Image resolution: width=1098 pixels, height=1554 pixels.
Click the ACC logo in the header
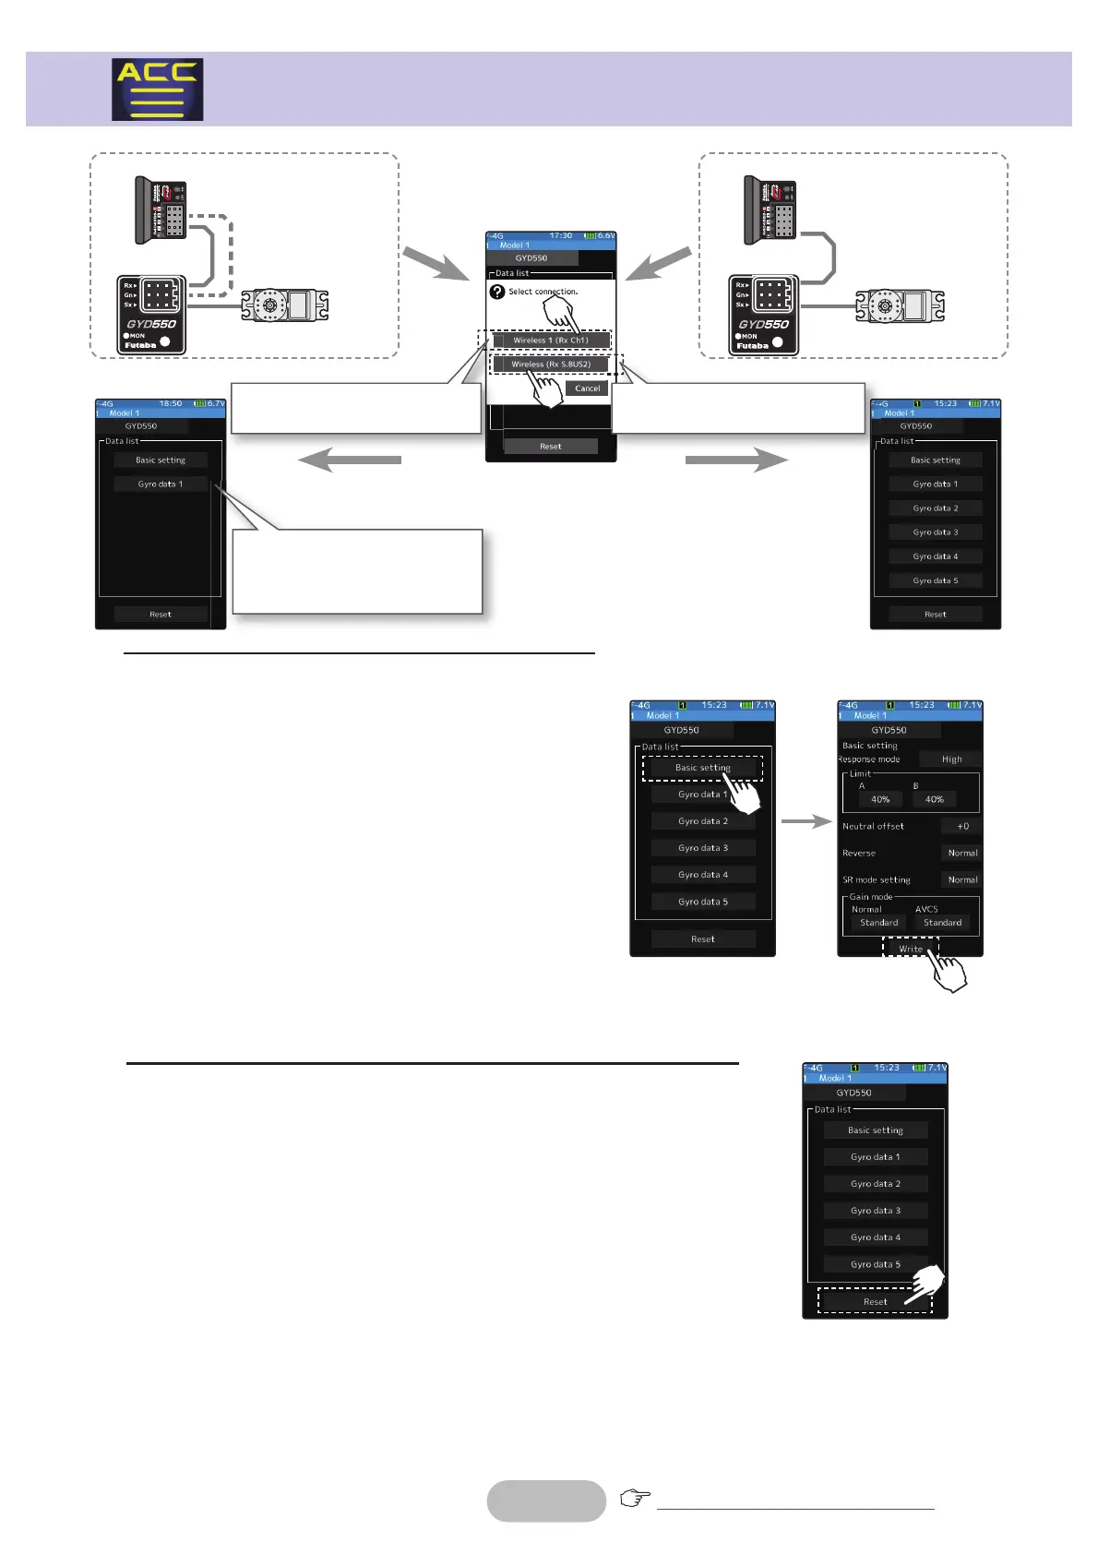click(157, 90)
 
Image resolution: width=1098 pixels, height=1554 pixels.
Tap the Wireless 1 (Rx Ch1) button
click(550, 341)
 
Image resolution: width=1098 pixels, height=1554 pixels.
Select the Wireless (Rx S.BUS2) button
click(551, 365)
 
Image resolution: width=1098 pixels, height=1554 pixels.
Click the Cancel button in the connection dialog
click(587, 388)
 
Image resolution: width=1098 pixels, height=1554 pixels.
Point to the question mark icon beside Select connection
click(497, 292)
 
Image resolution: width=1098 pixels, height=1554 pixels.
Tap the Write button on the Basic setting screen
click(910, 949)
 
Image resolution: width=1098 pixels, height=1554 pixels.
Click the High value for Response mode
click(951, 759)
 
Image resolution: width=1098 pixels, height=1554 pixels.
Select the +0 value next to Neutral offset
click(961, 827)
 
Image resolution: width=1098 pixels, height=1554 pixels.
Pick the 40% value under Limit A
click(880, 799)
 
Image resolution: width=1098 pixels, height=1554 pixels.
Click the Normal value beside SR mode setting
click(961, 880)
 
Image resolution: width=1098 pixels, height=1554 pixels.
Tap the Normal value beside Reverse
click(961, 854)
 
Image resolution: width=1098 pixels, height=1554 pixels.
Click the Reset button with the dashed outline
click(875, 1302)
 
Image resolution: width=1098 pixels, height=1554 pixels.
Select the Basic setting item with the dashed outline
click(702, 768)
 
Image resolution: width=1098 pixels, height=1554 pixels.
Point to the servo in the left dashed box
click(285, 305)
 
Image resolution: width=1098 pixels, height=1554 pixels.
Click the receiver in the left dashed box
click(161, 211)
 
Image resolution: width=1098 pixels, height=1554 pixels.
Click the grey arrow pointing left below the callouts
click(350, 460)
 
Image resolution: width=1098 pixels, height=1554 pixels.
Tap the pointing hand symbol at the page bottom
click(635, 1498)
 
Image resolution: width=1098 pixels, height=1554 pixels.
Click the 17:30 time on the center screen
click(560, 236)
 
